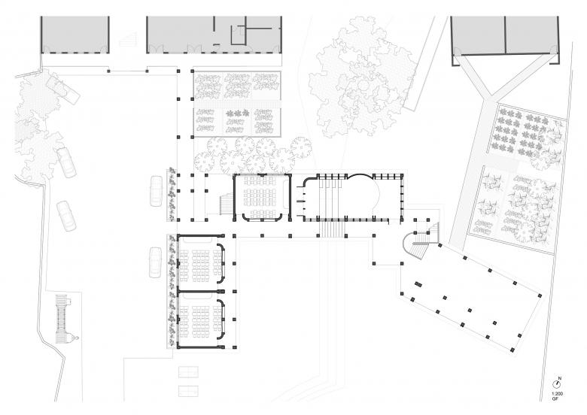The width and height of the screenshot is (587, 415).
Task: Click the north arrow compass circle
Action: point(557,384)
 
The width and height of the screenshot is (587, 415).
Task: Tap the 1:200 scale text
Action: point(557,394)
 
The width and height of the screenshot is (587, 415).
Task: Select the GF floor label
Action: point(555,399)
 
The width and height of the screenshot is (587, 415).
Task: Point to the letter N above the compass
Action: point(560,378)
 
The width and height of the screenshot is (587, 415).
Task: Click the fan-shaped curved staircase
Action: point(415,246)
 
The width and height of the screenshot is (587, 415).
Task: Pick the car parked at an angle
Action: point(62,89)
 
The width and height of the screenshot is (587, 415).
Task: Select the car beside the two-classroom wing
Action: point(156,262)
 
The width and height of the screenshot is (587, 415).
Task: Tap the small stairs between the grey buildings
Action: point(129,39)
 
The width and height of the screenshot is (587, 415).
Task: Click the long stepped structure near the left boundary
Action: point(62,319)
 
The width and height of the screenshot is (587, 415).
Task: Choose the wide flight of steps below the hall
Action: point(332,229)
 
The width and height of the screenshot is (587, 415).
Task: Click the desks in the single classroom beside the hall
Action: point(262,196)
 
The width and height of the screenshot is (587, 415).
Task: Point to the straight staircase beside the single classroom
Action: point(226,204)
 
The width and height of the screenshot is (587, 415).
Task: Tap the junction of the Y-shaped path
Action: point(488,98)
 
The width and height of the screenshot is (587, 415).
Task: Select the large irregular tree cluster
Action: point(361,77)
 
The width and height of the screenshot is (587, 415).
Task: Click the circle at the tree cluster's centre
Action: point(363,85)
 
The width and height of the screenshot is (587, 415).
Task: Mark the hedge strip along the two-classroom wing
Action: point(172,291)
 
